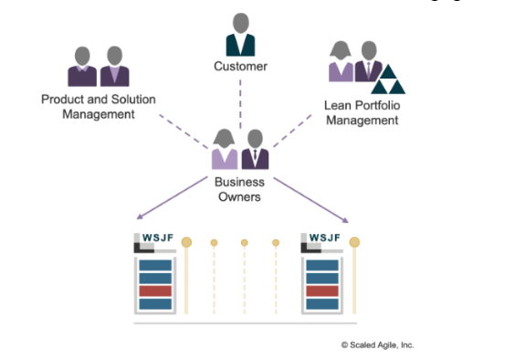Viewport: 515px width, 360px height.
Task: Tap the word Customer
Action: point(240,67)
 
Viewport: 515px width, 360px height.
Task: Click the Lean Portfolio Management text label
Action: point(361,111)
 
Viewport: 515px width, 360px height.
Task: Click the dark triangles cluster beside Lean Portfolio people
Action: point(390,80)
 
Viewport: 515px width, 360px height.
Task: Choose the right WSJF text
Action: point(324,238)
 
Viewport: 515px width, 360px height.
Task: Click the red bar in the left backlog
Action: point(154,291)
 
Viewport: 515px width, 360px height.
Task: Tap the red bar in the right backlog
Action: point(323,291)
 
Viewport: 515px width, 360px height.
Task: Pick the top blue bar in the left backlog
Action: point(154,265)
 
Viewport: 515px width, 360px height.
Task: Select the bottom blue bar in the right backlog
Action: point(323,304)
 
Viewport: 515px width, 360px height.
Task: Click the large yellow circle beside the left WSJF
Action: point(186,242)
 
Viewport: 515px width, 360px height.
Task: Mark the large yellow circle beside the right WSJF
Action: point(354,242)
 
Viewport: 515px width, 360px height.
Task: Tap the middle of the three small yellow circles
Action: point(245,243)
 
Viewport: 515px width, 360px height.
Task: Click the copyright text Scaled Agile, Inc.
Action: point(377,344)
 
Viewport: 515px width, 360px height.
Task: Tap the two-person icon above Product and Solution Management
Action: point(99,66)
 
